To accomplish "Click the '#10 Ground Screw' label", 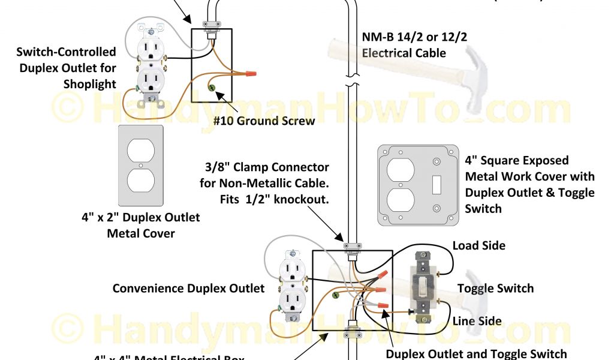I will tap(264, 121).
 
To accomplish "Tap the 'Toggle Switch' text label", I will tap(495, 289).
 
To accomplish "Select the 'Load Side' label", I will tap(478, 245).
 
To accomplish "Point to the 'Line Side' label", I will tap(477, 322).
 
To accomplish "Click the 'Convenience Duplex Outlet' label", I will tap(188, 289).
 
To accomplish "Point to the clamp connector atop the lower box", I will tap(351, 246).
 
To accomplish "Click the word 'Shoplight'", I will tap(90, 84).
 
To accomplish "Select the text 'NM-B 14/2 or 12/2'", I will tap(414, 37).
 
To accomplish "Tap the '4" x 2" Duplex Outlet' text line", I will tap(141, 217).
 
